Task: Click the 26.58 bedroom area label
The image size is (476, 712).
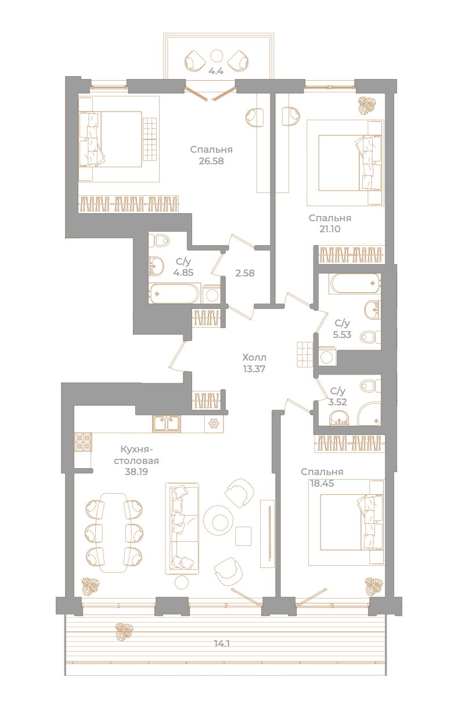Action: pyautogui.click(x=211, y=161)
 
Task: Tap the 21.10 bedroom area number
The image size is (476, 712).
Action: pyautogui.click(x=330, y=229)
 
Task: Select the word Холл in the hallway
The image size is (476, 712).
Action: pyautogui.click(x=254, y=358)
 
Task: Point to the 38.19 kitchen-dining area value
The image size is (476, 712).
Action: pyautogui.click(x=136, y=472)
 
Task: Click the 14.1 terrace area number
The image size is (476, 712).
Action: pyautogui.click(x=222, y=644)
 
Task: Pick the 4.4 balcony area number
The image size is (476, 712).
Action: pyautogui.click(x=216, y=71)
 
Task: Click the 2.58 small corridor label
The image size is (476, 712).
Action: pyautogui.click(x=245, y=273)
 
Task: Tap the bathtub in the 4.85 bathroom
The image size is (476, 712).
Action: pyautogui.click(x=174, y=293)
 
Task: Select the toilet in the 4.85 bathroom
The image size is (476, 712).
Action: pyautogui.click(x=160, y=240)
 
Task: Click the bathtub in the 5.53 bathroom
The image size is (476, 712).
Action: pyautogui.click(x=355, y=283)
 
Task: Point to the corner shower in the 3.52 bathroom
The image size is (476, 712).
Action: pyautogui.click(x=369, y=414)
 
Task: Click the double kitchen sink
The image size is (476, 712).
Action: pyautogui.click(x=166, y=424)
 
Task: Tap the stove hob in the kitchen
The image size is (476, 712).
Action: pyautogui.click(x=83, y=442)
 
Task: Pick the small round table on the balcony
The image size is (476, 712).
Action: pyautogui.click(x=217, y=56)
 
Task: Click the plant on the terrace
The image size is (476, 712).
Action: pyautogui.click(x=124, y=631)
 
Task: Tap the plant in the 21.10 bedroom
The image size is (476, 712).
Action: pyautogui.click(x=367, y=106)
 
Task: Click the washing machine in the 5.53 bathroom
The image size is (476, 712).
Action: pyautogui.click(x=327, y=357)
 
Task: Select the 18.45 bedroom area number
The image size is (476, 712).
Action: pyautogui.click(x=322, y=483)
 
